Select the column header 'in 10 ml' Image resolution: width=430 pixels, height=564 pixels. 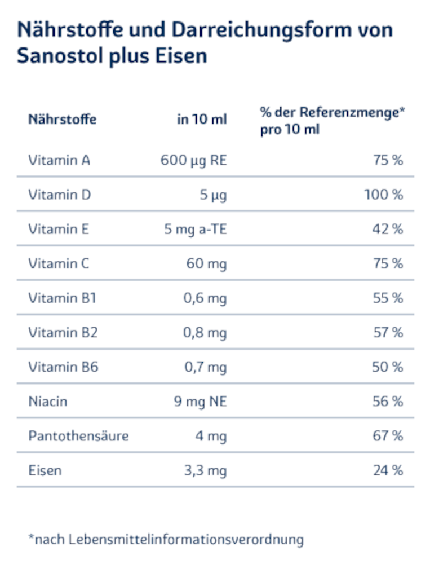click(x=202, y=120)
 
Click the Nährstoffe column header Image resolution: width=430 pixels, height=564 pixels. click(x=62, y=120)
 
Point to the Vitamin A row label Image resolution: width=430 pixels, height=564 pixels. click(x=59, y=160)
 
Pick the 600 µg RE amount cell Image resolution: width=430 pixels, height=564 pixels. click(x=193, y=160)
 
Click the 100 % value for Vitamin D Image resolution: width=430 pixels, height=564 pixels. click(x=383, y=195)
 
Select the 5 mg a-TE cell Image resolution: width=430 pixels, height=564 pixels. click(x=195, y=230)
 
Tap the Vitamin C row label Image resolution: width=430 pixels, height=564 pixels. click(x=59, y=263)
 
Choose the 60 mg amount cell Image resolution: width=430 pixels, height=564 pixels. click(x=206, y=263)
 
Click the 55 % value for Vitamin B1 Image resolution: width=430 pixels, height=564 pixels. click(x=388, y=298)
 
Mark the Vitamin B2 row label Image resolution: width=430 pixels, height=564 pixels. click(x=63, y=333)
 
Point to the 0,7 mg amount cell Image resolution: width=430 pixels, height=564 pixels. click(x=205, y=368)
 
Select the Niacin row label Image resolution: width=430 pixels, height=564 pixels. click(x=48, y=402)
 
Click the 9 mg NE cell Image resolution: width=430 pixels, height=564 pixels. click(x=200, y=402)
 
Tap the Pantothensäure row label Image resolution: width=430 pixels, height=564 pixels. click(x=78, y=436)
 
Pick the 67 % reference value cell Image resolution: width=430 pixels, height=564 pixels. click(x=388, y=436)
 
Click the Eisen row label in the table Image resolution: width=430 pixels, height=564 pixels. click(x=45, y=470)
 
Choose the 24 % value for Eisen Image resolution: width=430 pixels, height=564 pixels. click(x=388, y=470)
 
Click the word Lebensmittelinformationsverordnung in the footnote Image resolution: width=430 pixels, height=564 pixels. click(x=186, y=540)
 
